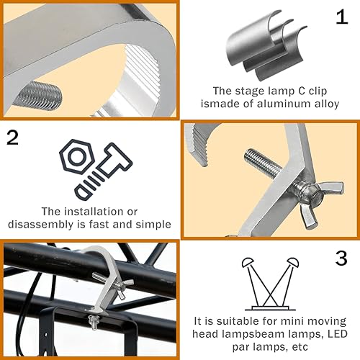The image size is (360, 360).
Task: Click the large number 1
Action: pyautogui.click(x=341, y=18)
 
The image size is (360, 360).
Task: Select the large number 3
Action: pyautogui.click(x=341, y=257)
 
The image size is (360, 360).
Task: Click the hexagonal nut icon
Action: pyautogui.click(x=76, y=158)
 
